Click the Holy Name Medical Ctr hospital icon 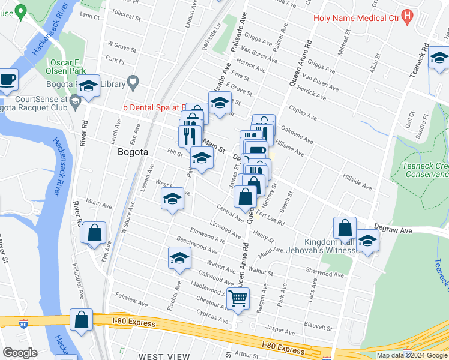point(408,17)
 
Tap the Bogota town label point(133,152)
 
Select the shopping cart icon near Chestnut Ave point(238,298)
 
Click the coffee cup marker point(7,79)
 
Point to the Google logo point(20,353)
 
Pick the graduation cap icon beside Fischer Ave point(179,259)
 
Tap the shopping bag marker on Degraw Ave point(345,229)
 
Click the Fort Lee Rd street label point(270,217)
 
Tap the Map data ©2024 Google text point(411,355)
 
